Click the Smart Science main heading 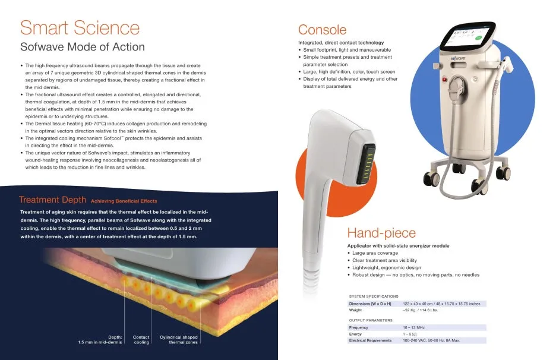point(80,27)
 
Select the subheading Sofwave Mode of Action point(82,47)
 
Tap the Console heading point(322,30)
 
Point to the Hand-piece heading point(381,233)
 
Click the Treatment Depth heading point(52,200)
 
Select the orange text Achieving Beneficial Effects point(124,201)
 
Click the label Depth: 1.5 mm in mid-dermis point(100,340)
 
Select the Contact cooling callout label point(141,340)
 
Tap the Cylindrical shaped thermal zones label point(179,340)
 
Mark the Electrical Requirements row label point(370,340)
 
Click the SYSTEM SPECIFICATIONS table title point(374,296)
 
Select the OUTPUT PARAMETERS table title point(371,320)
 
